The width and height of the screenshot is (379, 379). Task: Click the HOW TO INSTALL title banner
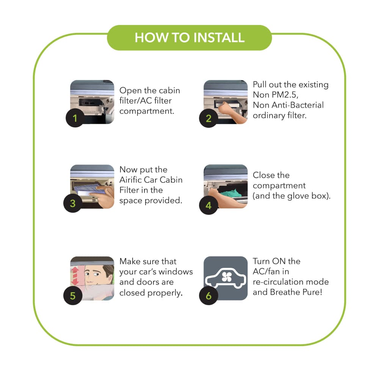tap(189, 38)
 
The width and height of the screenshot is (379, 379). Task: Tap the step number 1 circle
tap(75, 118)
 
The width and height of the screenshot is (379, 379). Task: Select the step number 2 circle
tap(208, 118)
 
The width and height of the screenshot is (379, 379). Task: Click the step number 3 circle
tap(72, 203)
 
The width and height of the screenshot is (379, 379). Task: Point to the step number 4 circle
tap(208, 205)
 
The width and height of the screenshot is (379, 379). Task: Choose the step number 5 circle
tap(72, 296)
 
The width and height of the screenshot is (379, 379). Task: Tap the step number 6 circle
tap(208, 296)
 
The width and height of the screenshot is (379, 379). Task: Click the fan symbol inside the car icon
tap(227, 277)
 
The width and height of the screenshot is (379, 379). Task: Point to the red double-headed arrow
tap(75, 276)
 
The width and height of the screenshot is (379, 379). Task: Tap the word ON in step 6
tap(279, 261)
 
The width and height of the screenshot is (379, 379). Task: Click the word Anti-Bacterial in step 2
tap(298, 105)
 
